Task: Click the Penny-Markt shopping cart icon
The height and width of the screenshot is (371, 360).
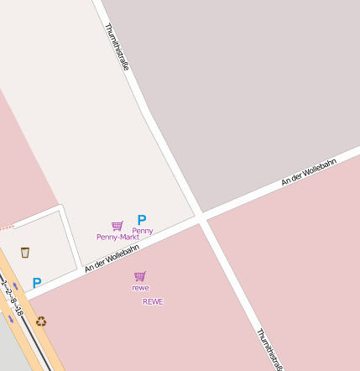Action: tap(117, 226)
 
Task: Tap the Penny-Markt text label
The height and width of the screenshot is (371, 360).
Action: tap(117, 237)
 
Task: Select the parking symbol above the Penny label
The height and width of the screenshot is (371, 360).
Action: tap(142, 220)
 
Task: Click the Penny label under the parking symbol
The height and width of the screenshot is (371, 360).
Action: tap(143, 230)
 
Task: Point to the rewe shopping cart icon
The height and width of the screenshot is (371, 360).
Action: tap(140, 276)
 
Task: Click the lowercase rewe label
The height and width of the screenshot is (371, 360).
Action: tap(140, 288)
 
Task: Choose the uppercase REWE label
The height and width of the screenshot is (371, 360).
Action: tap(153, 301)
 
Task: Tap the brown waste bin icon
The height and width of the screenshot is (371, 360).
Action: tap(25, 252)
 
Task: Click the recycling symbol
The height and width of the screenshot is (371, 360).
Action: tap(40, 321)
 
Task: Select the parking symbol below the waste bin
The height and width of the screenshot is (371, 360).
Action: tap(37, 284)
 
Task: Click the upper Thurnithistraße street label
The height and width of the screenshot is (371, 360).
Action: tap(117, 46)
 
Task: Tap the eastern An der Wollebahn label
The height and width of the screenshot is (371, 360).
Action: tap(309, 171)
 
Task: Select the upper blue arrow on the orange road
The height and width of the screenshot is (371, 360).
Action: tap(15, 287)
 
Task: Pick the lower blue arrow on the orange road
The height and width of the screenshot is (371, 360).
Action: tap(12, 319)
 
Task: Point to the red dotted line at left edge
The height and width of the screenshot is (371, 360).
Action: tap(7, 227)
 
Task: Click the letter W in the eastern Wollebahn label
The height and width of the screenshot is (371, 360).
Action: tap(306, 172)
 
